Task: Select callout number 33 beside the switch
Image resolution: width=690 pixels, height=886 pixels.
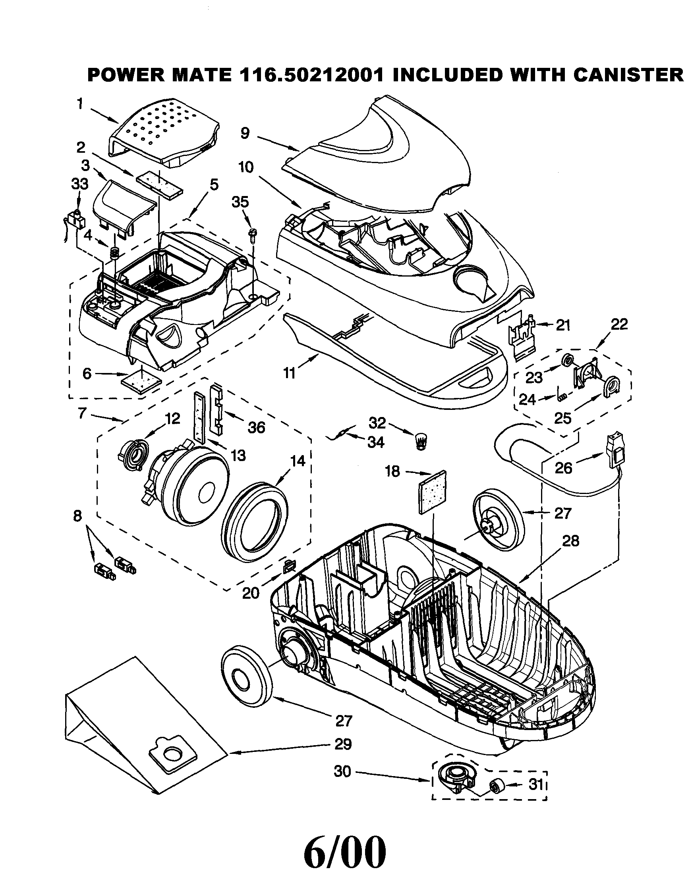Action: pos(79,184)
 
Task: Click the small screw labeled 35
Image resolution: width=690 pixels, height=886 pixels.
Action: pos(253,236)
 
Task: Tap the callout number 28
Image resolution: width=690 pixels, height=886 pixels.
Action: pos(570,541)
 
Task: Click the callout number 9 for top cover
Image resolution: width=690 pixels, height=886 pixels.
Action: pos(245,133)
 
